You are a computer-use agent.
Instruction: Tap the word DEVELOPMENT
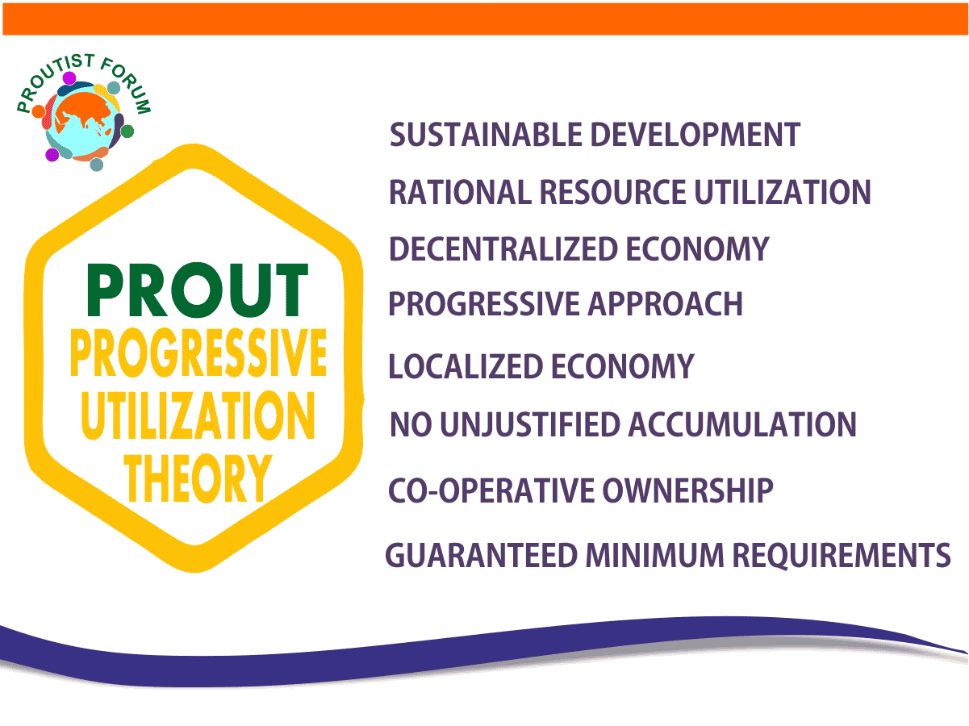(695, 134)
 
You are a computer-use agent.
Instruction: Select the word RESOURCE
(612, 192)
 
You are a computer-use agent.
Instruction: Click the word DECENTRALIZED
(503, 249)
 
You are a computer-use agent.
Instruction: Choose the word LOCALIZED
(466, 366)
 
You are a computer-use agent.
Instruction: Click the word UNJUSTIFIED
(531, 424)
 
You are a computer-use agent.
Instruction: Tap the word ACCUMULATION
(742, 424)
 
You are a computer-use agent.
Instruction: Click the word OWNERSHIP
(687, 490)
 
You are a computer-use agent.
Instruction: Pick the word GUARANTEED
(482, 555)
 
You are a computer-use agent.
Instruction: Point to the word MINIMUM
(654, 555)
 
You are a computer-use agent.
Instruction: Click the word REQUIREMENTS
(842, 555)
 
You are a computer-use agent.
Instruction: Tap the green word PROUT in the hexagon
(198, 290)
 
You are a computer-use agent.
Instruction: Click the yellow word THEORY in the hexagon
(198, 478)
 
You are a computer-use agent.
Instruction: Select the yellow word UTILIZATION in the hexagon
(198, 415)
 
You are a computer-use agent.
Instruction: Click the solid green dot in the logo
(127, 131)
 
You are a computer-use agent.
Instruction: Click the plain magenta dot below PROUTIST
(69, 78)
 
